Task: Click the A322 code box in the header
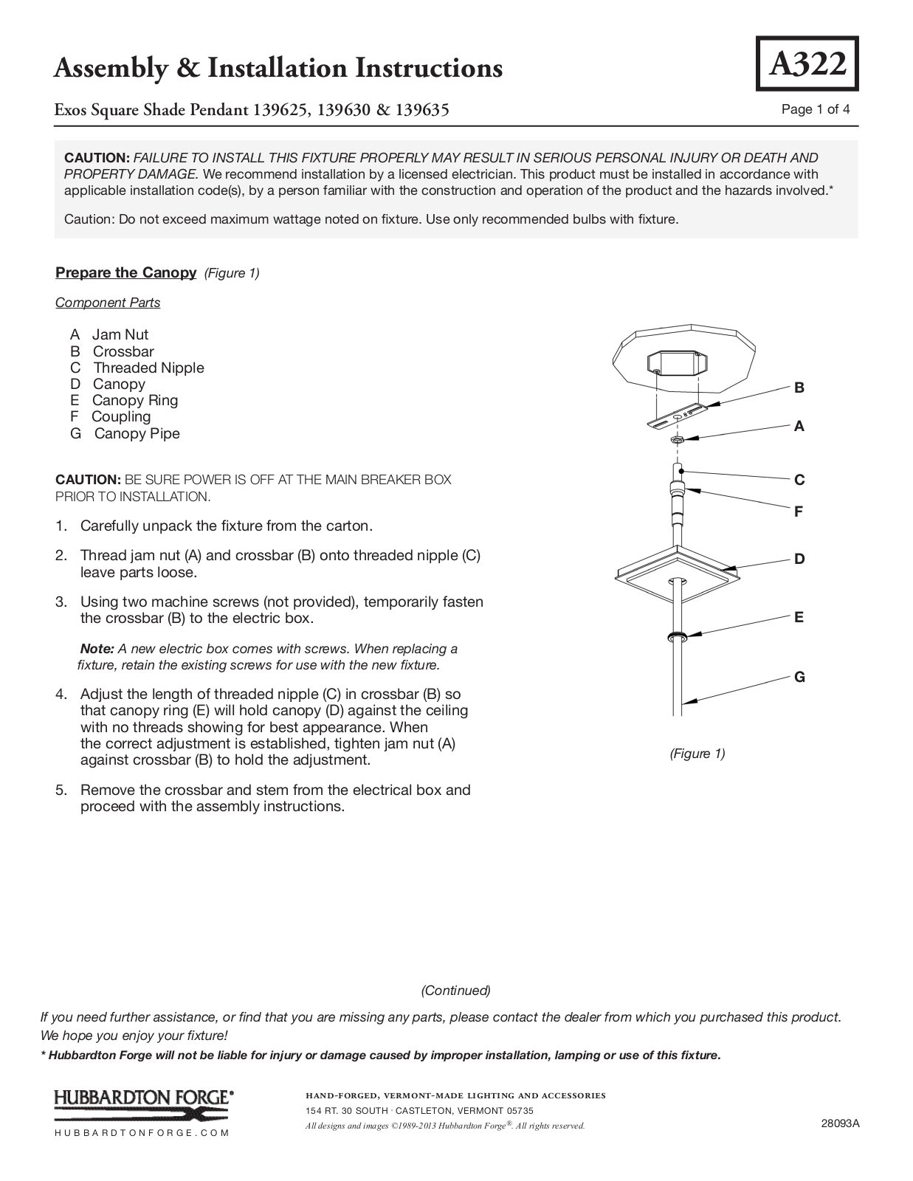(x=807, y=64)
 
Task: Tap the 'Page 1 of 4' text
(x=815, y=110)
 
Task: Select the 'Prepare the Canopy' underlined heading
(x=126, y=273)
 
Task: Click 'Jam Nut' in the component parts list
(x=120, y=335)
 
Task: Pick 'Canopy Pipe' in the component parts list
(x=137, y=434)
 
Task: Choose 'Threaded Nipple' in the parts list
(x=148, y=368)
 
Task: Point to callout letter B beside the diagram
(x=799, y=388)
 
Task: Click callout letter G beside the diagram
(x=799, y=677)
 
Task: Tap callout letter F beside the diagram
(x=799, y=512)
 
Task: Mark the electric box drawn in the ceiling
(x=674, y=362)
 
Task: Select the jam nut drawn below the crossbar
(x=676, y=440)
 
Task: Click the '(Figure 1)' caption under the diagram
(x=697, y=754)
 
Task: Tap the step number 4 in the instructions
(x=61, y=695)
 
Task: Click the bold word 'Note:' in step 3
(x=97, y=649)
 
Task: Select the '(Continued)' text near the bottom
(x=455, y=991)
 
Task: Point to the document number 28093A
(x=840, y=1123)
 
